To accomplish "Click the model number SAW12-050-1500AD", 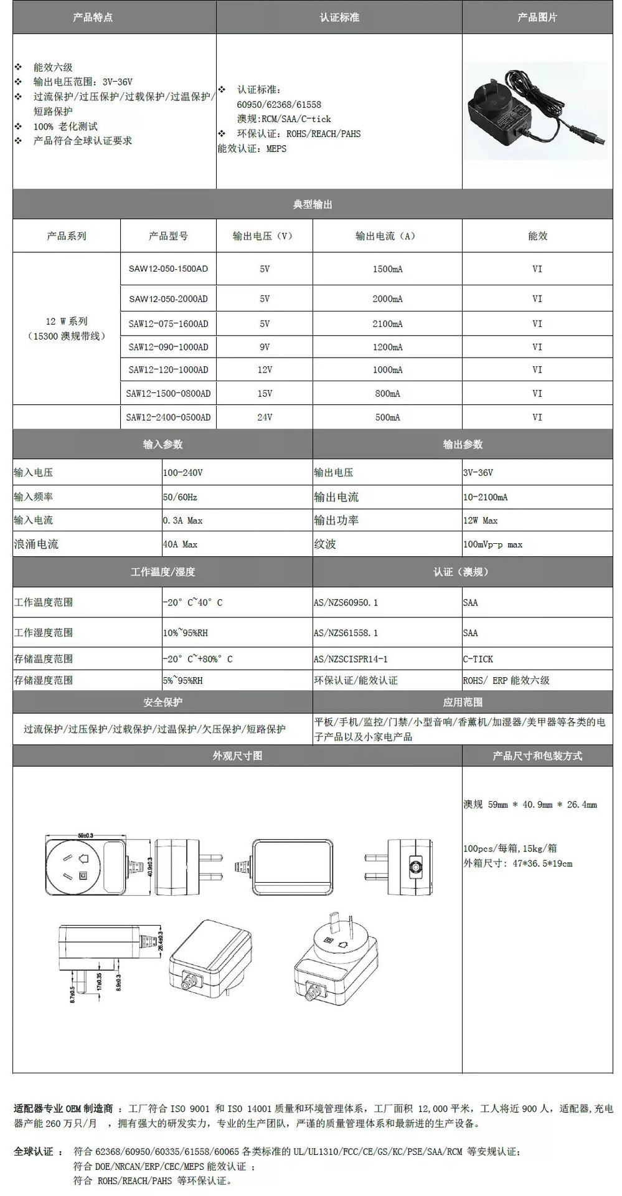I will (x=168, y=269).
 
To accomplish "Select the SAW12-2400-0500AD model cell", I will (x=168, y=417).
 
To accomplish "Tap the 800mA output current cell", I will (x=387, y=394).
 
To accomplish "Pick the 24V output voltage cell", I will (x=265, y=417).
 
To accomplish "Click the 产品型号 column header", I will (x=168, y=236).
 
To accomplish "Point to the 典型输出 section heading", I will (x=313, y=204).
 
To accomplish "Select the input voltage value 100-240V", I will (x=182, y=473).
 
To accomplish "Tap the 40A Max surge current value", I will (x=180, y=544).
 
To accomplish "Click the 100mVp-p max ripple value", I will (x=492, y=544).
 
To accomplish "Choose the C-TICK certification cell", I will (x=478, y=659).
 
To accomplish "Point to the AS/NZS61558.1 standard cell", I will (x=346, y=633).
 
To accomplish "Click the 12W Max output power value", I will (x=480, y=521).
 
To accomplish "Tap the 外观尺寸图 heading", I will (x=237, y=756).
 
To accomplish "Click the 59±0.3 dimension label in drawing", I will (x=85, y=835).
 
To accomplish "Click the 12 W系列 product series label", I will (x=67, y=321).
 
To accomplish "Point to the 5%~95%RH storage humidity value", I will (x=182, y=681).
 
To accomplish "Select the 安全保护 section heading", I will (x=163, y=702).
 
